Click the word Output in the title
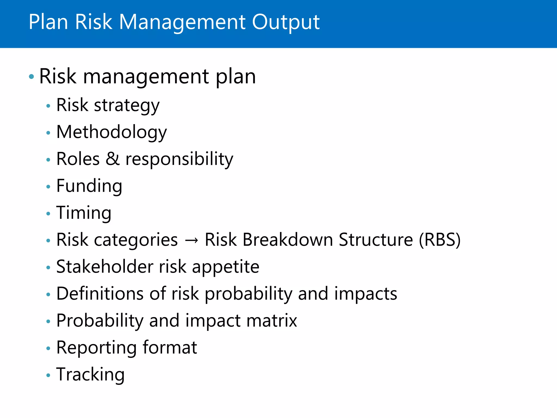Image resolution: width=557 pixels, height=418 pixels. point(286,22)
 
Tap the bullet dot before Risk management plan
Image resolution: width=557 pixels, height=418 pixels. point(32,76)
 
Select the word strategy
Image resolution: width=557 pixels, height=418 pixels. point(127,106)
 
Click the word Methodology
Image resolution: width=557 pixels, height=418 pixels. point(112,133)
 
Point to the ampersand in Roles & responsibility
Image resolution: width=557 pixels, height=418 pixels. point(113,159)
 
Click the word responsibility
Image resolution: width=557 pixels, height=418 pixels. point(179,159)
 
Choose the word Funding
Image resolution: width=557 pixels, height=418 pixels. point(89,186)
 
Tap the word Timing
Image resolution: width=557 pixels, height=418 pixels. point(84,213)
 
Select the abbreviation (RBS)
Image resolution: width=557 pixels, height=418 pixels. point(440,240)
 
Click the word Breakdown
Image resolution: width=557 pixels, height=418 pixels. point(288,240)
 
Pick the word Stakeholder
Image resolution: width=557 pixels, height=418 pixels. point(105,267)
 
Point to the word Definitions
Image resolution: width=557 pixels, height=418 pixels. point(100,294)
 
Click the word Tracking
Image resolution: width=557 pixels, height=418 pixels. point(90,375)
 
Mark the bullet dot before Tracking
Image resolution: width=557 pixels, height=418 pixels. point(48,376)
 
